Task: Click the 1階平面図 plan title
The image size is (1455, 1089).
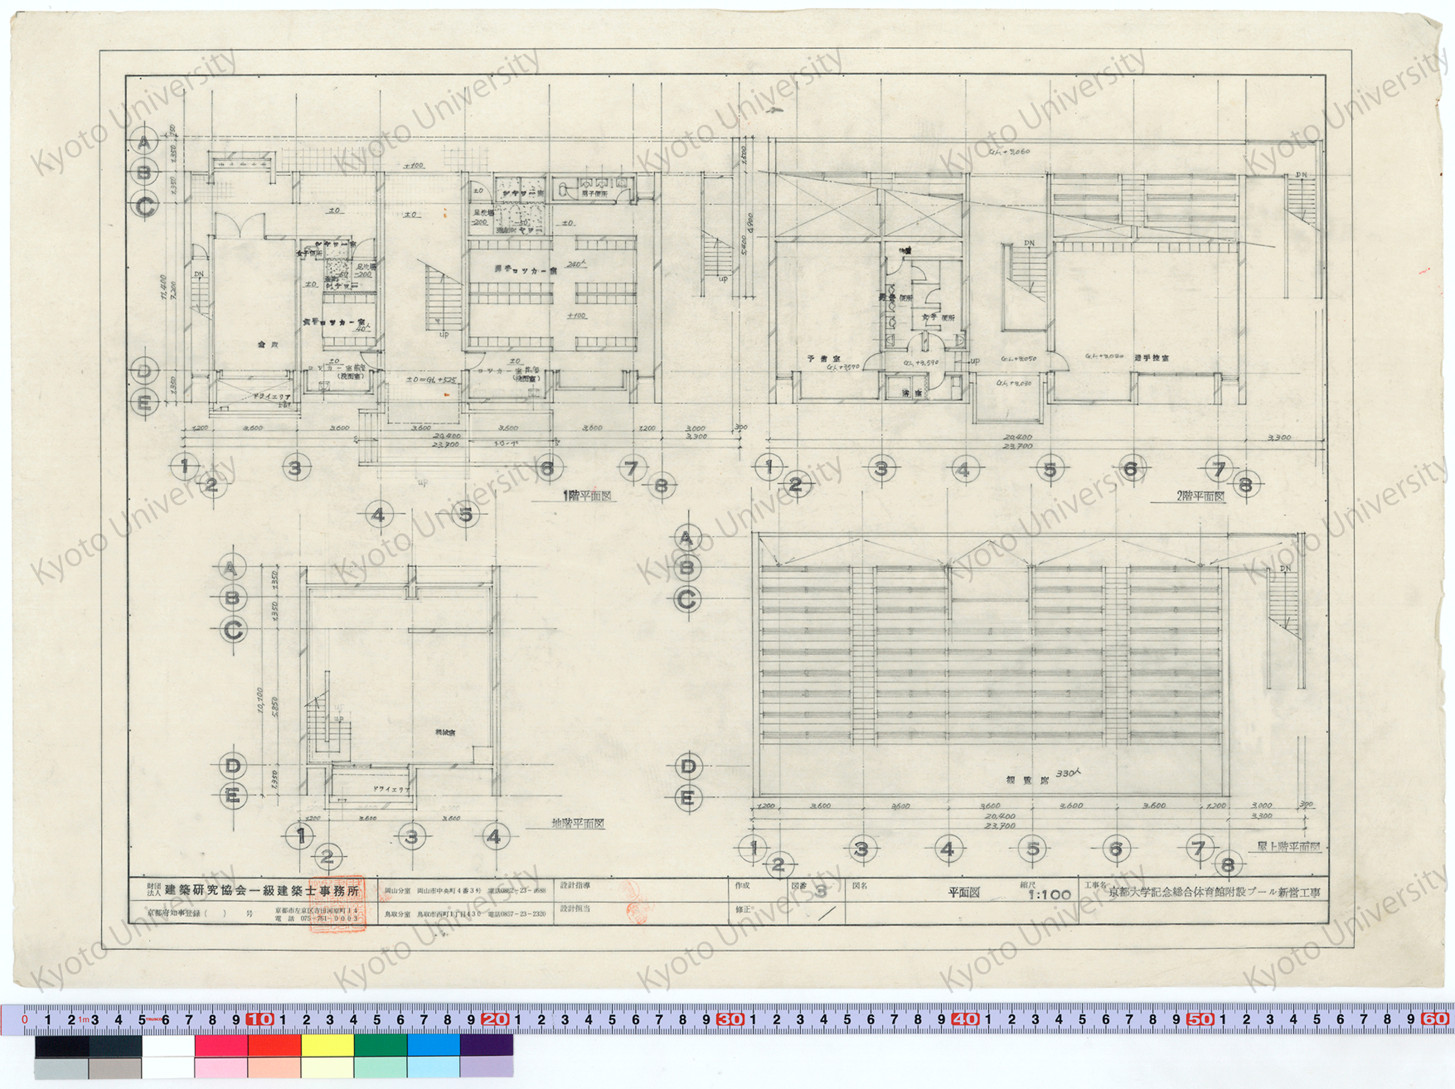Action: click(587, 496)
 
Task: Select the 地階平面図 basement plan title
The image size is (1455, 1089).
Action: click(578, 823)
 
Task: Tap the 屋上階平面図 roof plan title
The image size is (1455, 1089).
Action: click(1289, 847)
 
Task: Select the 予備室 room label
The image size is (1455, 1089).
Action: click(820, 359)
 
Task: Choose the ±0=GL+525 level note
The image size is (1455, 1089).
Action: click(432, 380)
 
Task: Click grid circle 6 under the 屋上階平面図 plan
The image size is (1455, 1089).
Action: click(1116, 849)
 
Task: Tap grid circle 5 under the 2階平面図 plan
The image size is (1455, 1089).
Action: click(1050, 470)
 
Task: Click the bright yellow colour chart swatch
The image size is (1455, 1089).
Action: click(327, 1045)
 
